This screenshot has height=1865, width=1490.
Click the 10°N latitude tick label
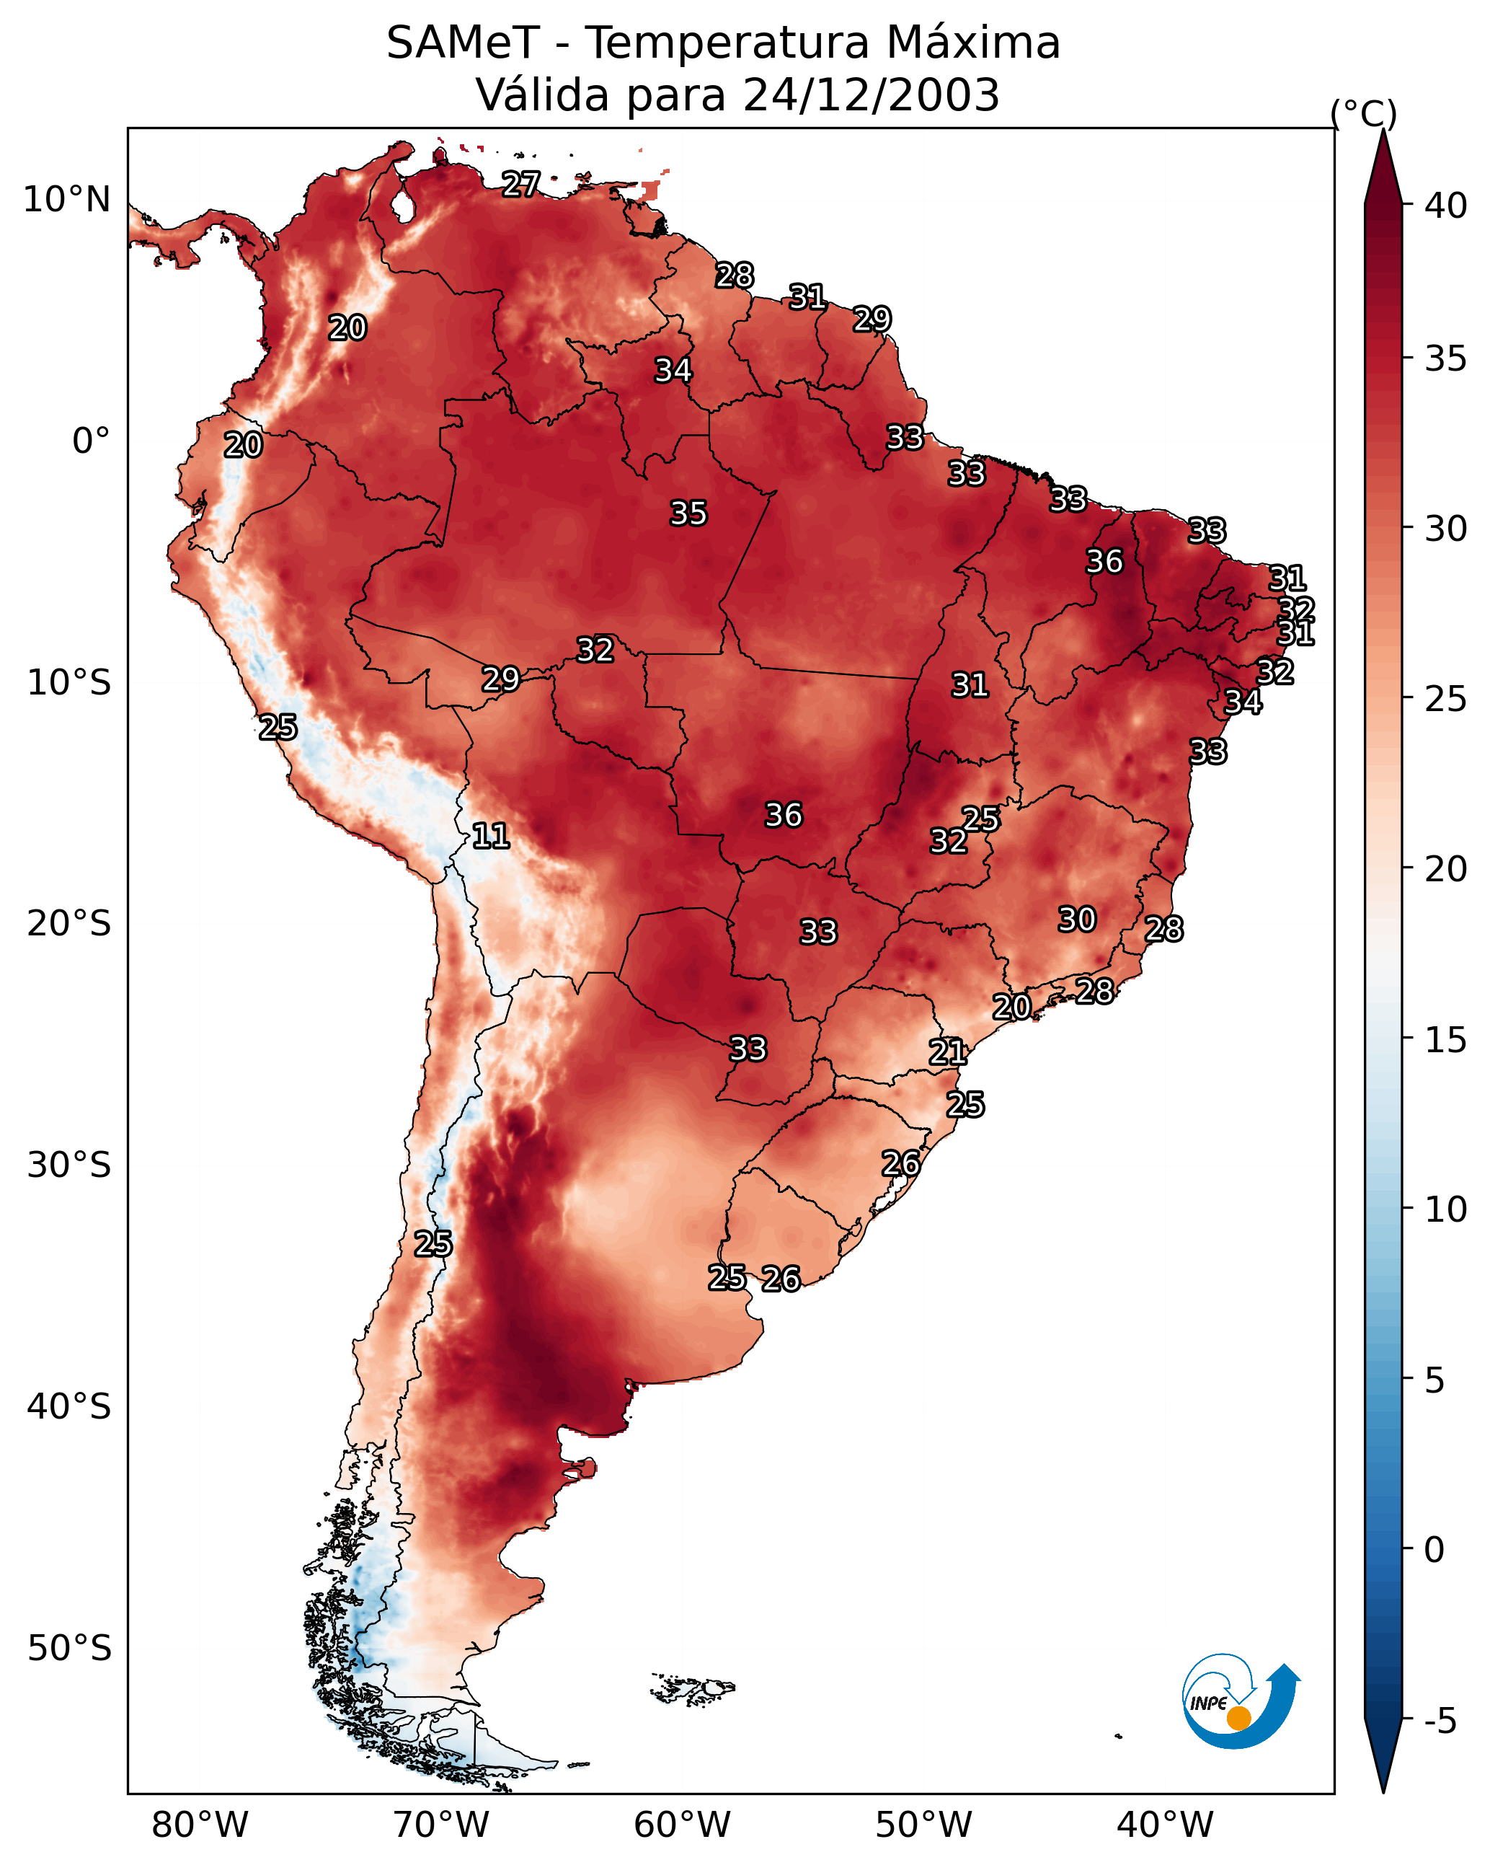(x=66, y=200)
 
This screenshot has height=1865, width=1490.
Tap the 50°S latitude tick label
(x=69, y=1649)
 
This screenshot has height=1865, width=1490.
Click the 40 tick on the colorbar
(x=1446, y=206)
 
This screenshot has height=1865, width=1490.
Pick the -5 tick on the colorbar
(x=1440, y=1721)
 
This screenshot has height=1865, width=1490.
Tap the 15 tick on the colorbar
(x=1446, y=1040)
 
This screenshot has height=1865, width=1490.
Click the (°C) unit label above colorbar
(x=1364, y=113)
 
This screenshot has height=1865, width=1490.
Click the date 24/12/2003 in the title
(x=871, y=95)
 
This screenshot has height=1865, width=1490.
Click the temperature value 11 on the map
(x=490, y=836)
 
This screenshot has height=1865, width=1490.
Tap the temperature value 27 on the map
(x=521, y=184)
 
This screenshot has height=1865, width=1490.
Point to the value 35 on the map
(x=688, y=513)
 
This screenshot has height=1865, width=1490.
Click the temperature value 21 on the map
(x=948, y=1052)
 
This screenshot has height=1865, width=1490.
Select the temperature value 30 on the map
(x=1078, y=920)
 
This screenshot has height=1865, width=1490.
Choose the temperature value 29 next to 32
(x=501, y=679)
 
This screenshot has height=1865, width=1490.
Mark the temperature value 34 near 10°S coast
(x=1243, y=702)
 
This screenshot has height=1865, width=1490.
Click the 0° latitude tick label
(x=91, y=441)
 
